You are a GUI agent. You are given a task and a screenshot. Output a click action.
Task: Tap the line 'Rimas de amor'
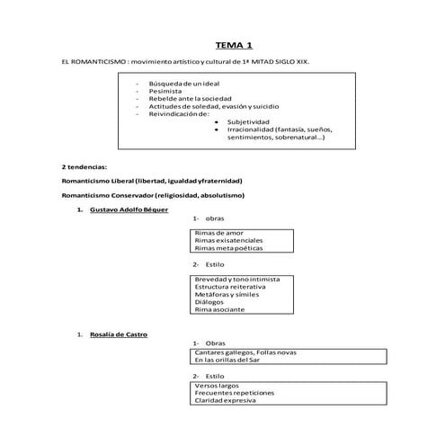[218, 233]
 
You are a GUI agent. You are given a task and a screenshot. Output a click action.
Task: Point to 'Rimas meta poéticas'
[228, 248]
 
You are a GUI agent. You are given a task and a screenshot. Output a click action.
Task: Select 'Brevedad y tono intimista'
[236, 280]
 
